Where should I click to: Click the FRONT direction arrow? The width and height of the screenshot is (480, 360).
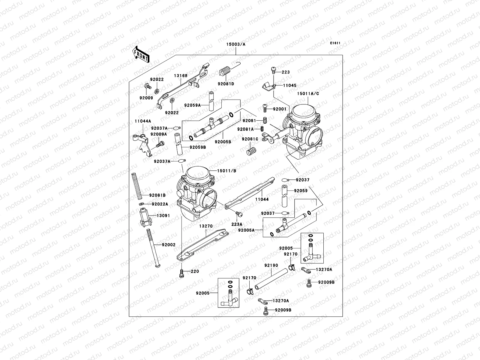point(141,54)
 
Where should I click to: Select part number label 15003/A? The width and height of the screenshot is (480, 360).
point(236,44)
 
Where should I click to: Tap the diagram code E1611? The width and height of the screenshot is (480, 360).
point(335,43)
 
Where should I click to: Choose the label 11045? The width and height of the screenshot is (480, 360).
point(290,85)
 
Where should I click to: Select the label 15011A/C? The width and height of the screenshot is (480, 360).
point(308,94)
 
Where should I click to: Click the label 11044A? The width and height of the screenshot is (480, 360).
point(143,121)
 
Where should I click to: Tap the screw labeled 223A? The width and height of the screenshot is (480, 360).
point(239,214)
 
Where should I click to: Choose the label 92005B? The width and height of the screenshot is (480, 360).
point(223,142)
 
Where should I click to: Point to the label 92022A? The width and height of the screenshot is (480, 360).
point(160,204)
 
